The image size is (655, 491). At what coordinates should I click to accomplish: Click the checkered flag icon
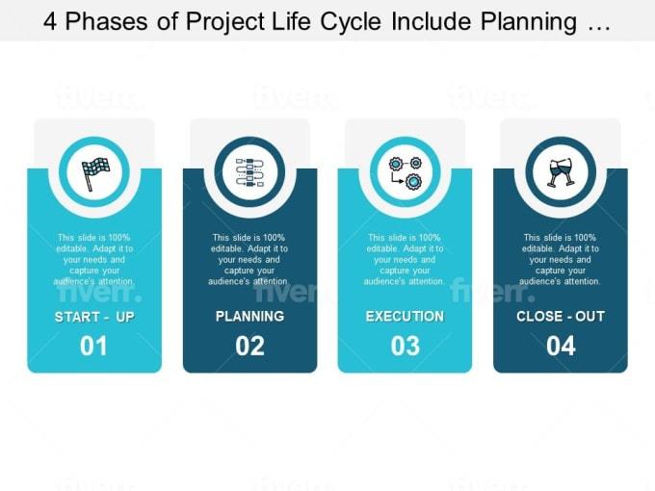coord(94,171)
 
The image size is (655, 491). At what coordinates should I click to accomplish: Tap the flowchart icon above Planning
coord(249,171)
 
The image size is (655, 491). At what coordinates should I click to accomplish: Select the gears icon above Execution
coord(405,171)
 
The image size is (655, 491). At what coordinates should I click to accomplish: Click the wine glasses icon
coord(560,171)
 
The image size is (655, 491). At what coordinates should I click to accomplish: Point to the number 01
coord(93,346)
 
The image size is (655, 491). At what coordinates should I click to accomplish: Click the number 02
coord(249,346)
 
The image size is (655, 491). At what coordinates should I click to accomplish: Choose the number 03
coord(405,346)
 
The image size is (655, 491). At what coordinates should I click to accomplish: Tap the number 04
coord(561,346)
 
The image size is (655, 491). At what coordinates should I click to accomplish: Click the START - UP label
coord(94,317)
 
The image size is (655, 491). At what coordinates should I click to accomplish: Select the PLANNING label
coord(249,316)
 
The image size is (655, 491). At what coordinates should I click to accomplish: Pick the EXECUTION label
coord(405,316)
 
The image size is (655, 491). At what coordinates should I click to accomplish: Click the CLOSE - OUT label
coord(561,316)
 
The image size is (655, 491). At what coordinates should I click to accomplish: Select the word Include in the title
coord(444,21)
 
